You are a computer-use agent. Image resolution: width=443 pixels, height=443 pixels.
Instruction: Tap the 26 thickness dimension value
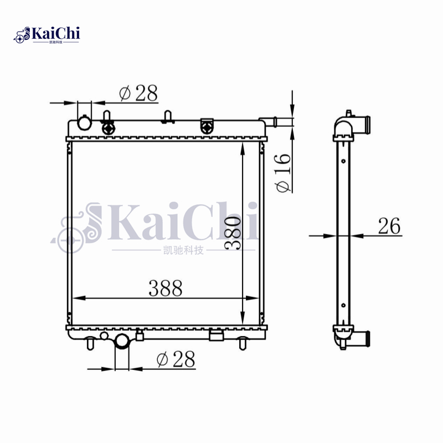389,226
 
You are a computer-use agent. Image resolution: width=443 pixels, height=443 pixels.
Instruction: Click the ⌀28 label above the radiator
138,94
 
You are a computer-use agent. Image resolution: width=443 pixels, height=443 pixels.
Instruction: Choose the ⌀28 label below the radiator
176,359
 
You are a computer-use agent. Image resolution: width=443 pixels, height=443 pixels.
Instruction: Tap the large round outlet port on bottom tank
121,342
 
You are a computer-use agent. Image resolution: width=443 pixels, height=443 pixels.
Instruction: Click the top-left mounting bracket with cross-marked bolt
109,127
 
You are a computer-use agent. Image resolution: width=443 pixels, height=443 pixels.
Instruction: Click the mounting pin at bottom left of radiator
89,343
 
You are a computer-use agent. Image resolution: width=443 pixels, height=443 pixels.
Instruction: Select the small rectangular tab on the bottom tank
217,335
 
